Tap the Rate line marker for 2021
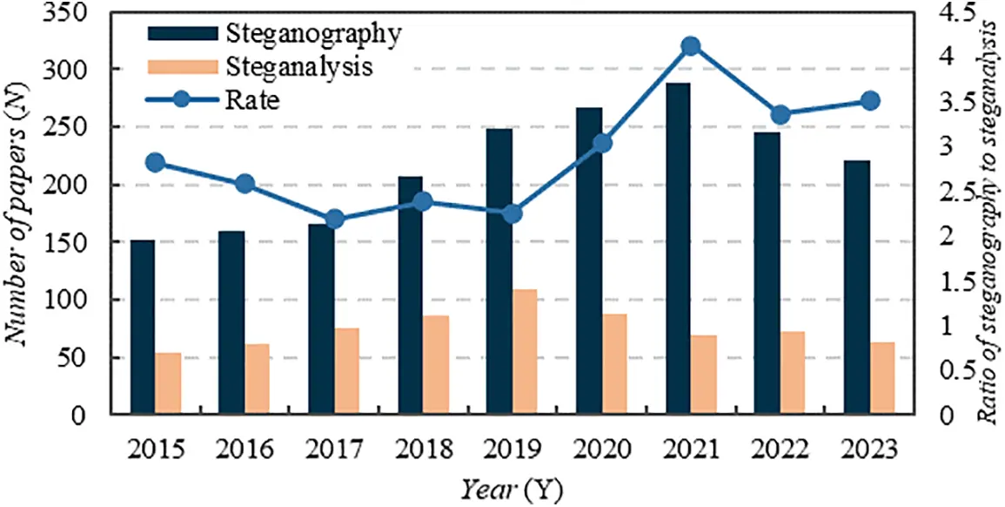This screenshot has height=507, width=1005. (691, 46)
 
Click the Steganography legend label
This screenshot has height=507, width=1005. (312, 34)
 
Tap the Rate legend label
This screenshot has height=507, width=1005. (251, 99)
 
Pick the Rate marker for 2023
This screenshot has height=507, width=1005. (869, 101)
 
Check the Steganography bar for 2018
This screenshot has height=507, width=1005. (410, 295)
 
